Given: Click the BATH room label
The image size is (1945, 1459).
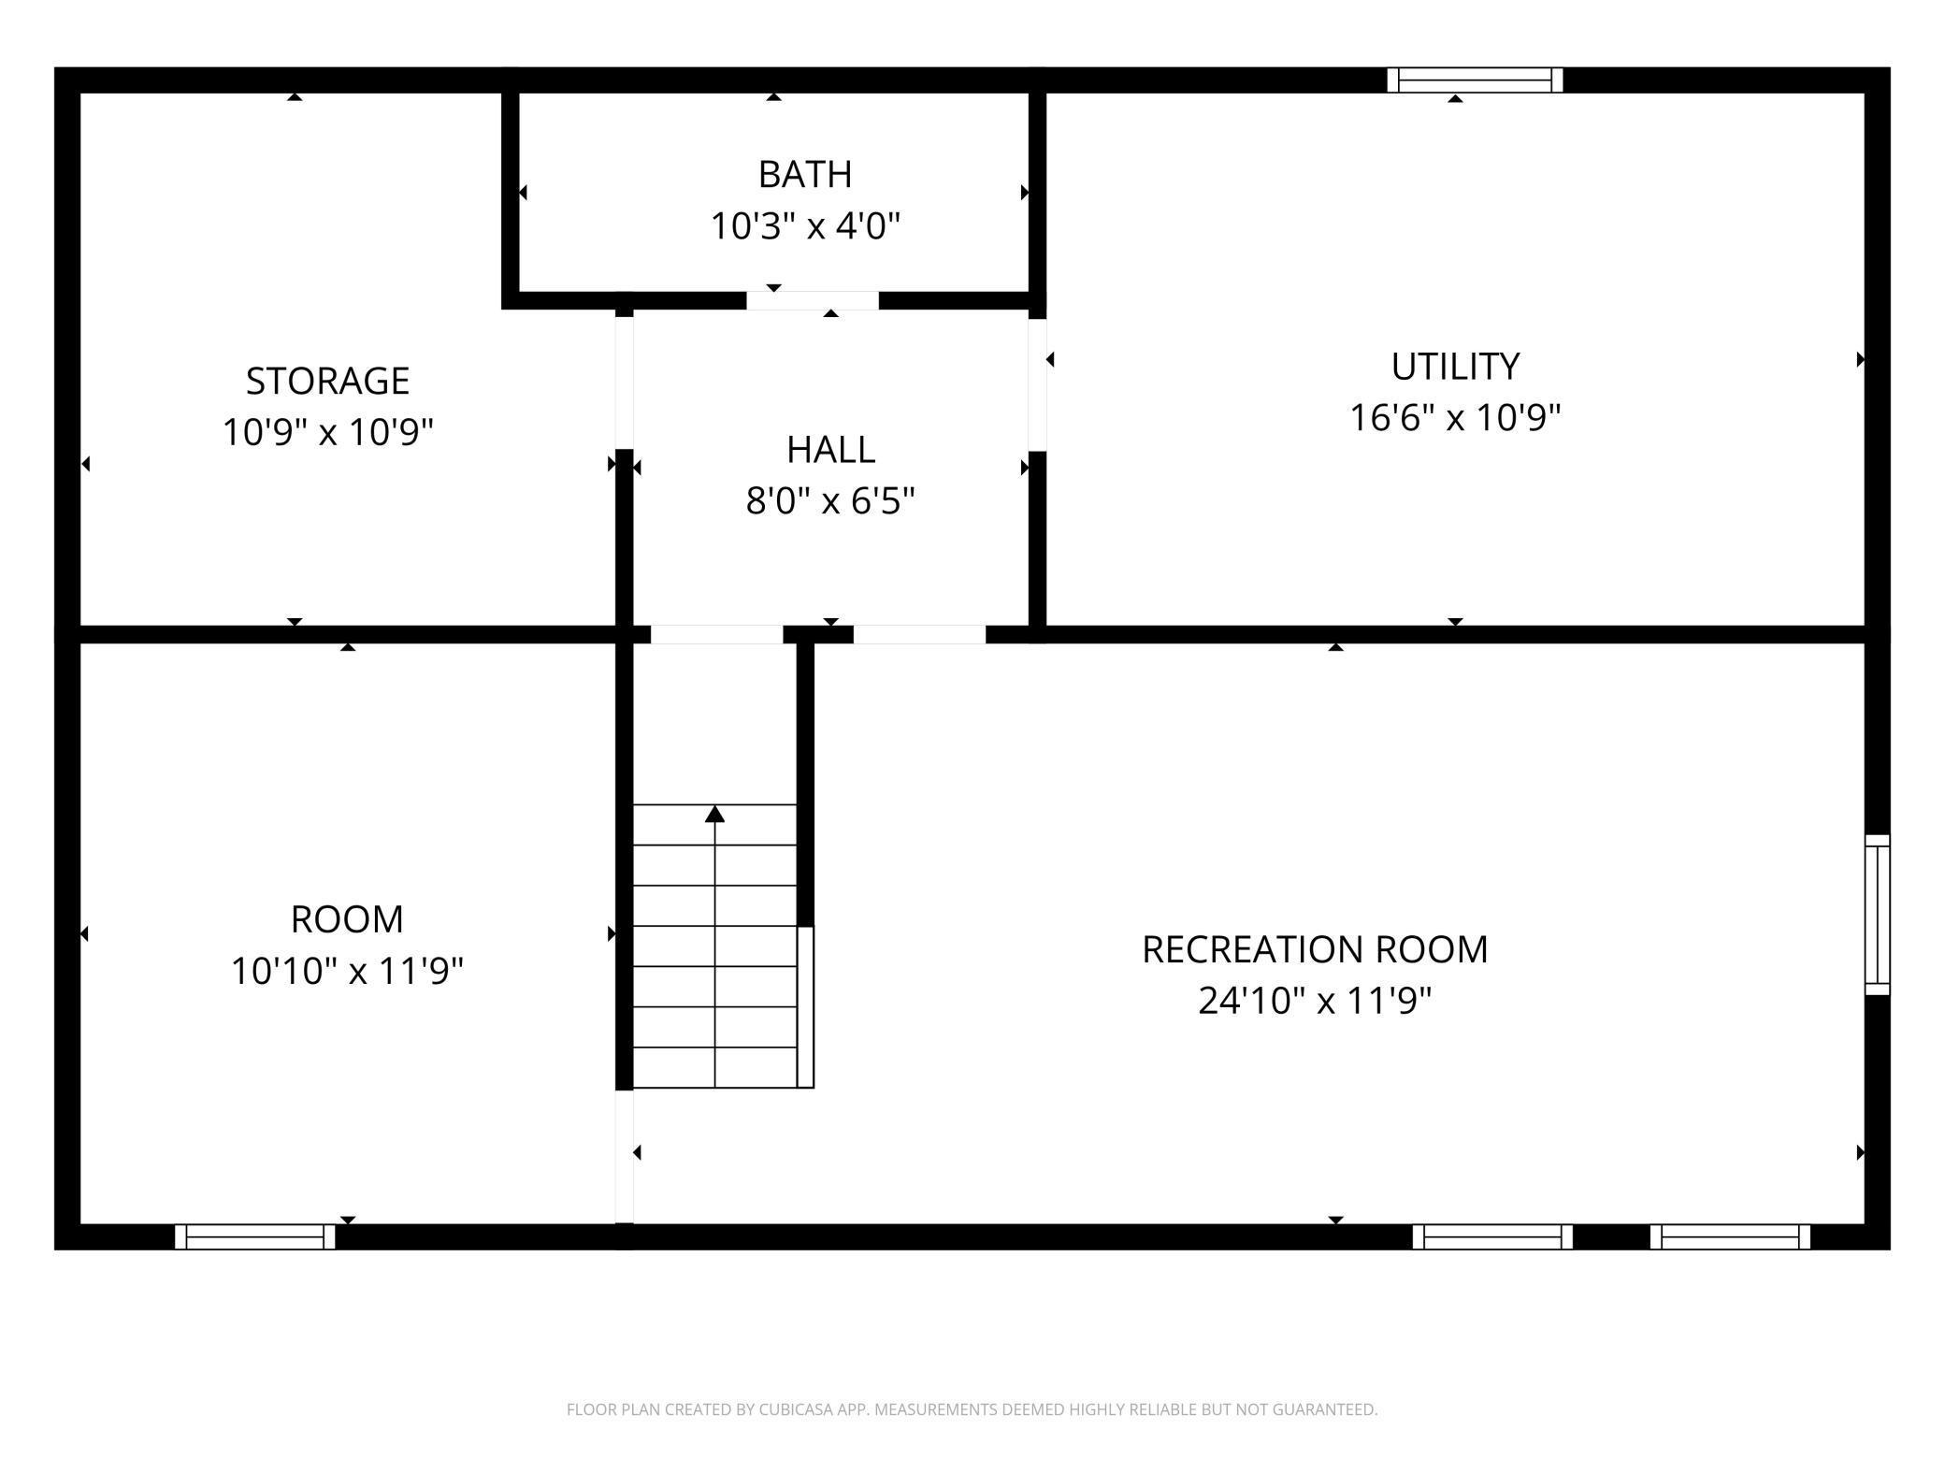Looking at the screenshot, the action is (x=805, y=174).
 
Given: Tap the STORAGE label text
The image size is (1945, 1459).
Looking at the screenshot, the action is (x=327, y=381).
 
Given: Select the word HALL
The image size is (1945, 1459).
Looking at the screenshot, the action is (x=830, y=450).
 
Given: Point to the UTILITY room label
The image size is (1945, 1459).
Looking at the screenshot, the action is (x=1455, y=366).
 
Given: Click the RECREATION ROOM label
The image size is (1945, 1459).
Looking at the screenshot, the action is (x=1315, y=949).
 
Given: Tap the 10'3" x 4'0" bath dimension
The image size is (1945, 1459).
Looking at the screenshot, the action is (x=805, y=226).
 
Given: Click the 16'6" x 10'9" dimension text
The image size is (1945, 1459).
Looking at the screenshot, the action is (x=1455, y=417).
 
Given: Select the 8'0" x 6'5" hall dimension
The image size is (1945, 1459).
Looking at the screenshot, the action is (x=830, y=501).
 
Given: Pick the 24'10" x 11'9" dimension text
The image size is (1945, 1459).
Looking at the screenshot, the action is (x=1315, y=1001).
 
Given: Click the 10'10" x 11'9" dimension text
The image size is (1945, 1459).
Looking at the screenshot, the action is (x=347, y=971).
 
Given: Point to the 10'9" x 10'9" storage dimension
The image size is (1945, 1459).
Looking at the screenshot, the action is (x=327, y=432).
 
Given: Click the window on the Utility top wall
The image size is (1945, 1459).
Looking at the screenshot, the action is (x=1475, y=80).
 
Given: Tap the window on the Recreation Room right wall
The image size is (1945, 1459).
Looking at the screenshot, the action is (x=1878, y=915).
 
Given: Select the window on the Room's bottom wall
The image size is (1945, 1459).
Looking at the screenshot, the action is (x=255, y=1236).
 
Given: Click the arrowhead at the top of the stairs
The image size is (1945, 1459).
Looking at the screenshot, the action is (x=715, y=814).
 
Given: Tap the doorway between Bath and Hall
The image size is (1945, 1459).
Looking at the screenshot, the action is (x=813, y=300).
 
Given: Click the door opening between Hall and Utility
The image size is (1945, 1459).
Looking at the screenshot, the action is (x=1037, y=385).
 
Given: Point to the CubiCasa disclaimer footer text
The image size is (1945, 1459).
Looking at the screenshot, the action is (x=972, y=1409).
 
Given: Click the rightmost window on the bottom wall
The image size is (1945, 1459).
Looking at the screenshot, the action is (x=1730, y=1236).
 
